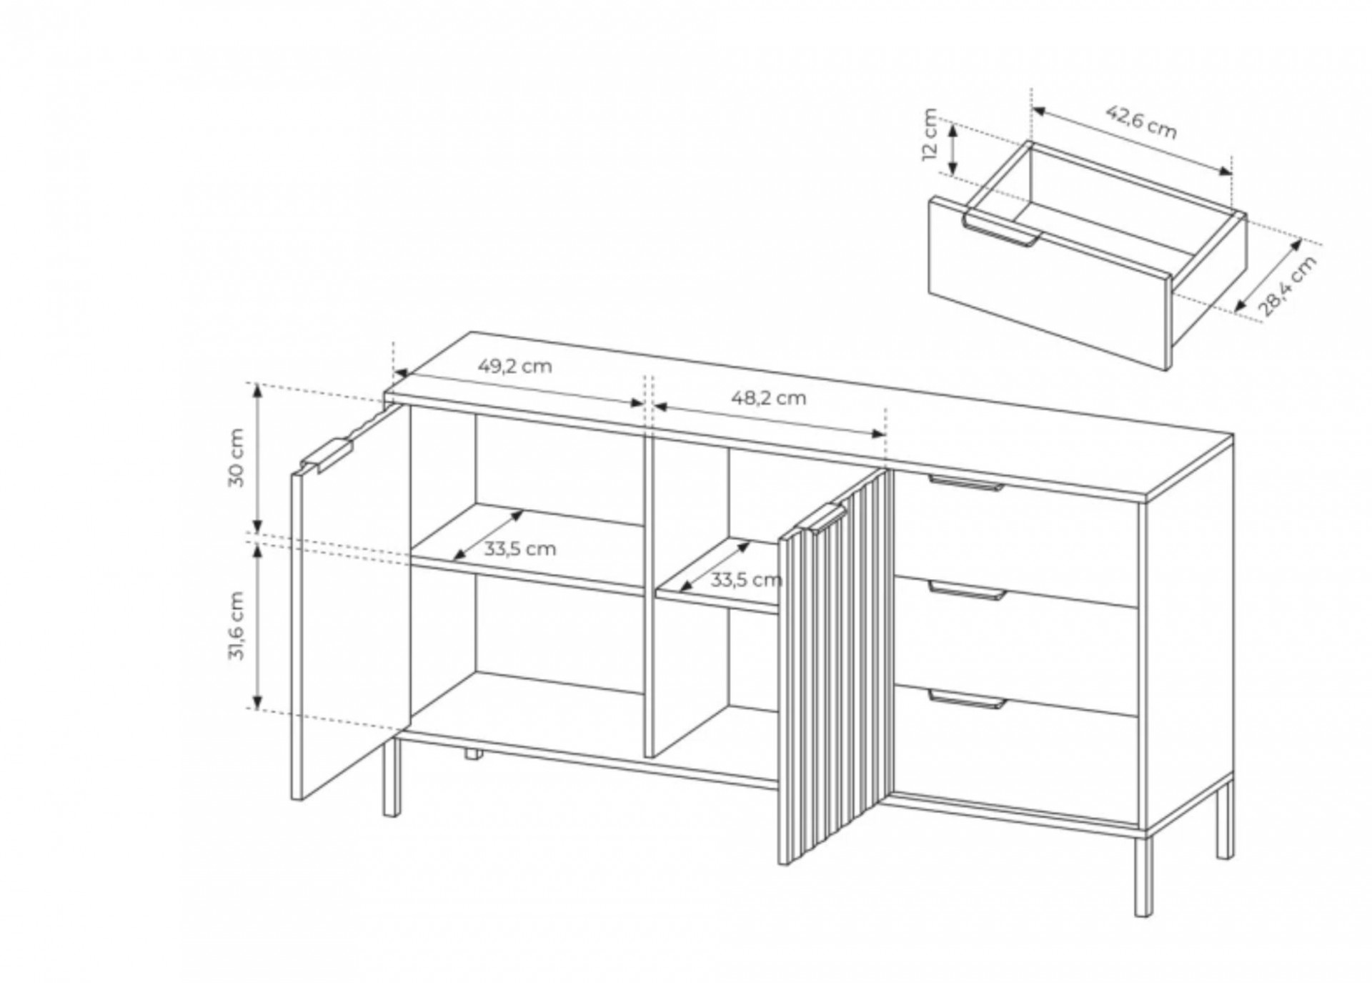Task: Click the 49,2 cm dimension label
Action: (x=514, y=366)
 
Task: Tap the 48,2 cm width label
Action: (x=768, y=397)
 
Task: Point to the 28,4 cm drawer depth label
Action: (x=1286, y=285)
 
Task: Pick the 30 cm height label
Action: (x=237, y=458)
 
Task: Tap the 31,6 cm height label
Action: (x=237, y=626)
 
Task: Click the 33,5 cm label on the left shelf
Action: (x=520, y=549)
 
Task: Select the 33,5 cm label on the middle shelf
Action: (x=745, y=580)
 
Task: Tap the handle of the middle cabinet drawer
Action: (x=966, y=590)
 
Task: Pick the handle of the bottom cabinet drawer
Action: (x=966, y=698)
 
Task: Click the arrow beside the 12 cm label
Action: (x=953, y=148)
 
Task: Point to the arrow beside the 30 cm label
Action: (x=259, y=458)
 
